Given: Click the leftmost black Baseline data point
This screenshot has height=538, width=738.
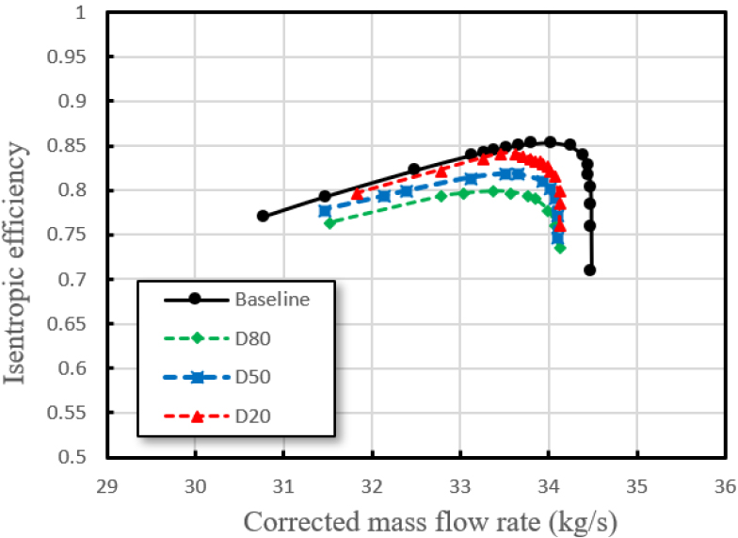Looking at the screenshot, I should [x=263, y=216].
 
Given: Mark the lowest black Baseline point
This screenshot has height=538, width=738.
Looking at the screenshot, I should [x=589, y=270].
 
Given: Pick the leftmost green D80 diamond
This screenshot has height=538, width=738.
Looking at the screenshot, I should [x=329, y=223].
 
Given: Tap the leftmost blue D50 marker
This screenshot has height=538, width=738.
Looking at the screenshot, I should [x=325, y=210].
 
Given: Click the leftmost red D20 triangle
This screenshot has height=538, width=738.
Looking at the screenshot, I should [x=358, y=193].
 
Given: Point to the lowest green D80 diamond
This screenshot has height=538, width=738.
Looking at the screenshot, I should [x=560, y=248].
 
